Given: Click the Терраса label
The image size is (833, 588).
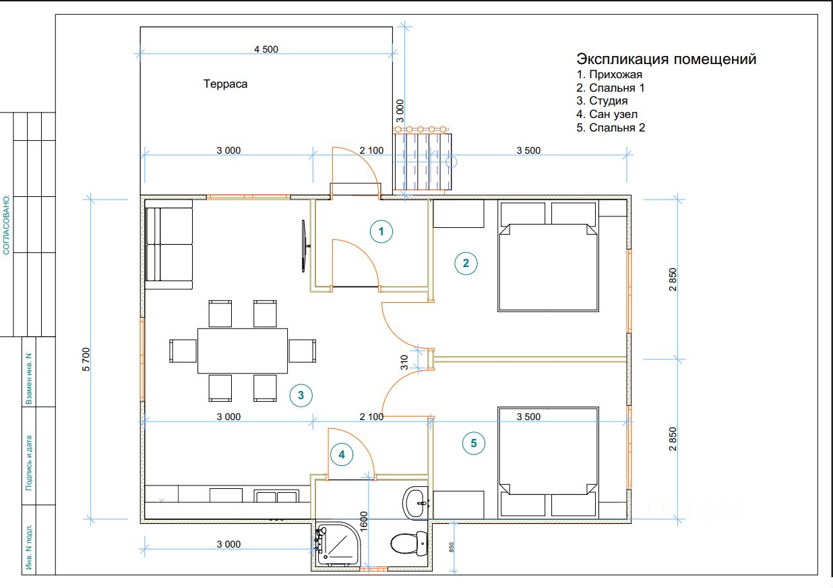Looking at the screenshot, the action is tap(225, 84).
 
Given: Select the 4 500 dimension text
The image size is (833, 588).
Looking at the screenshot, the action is tap(266, 49).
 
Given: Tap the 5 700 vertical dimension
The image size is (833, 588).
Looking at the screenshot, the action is tap(86, 359).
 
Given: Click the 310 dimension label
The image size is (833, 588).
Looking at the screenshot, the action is tap(404, 362).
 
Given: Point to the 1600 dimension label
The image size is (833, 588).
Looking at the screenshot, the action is tap(364, 521).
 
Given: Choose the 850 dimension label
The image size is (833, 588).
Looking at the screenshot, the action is tap(452, 547).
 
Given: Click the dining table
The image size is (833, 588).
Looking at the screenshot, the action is tap(243, 351).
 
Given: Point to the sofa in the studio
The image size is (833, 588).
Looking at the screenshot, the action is tap(169, 245).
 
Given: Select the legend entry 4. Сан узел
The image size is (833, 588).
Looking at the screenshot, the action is tap(607, 114).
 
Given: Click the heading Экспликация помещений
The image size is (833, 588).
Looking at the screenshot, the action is tap(667, 59).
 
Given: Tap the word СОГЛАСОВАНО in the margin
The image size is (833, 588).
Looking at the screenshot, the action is tap(6, 225).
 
